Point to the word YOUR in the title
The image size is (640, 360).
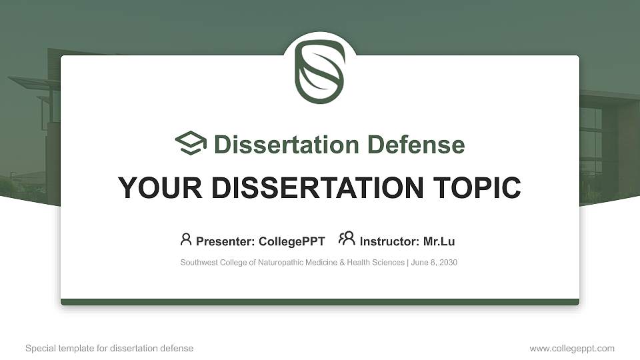tap(149, 188)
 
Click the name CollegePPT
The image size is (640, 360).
tap(292, 241)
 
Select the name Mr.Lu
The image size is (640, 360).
tap(439, 241)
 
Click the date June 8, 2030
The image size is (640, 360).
tap(434, 263)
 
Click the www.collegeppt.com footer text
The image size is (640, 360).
tap(572, 349)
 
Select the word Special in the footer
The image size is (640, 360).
tap(39, 349)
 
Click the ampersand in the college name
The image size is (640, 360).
tap(341, 263)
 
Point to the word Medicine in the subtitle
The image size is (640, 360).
tap(317, 263)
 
